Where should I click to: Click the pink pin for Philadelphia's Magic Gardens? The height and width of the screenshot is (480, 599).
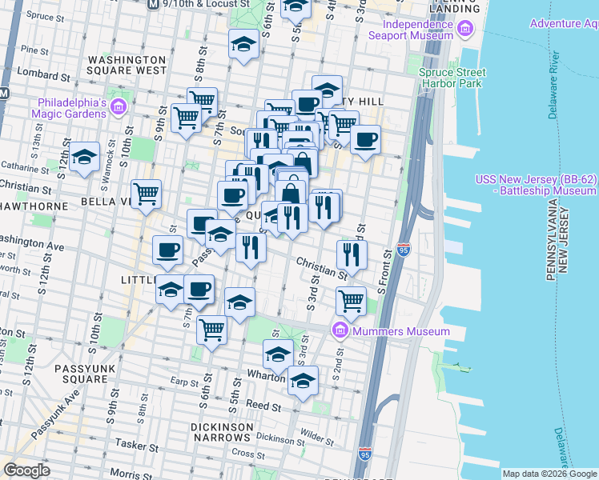pyautogui.click(x=119, y=106)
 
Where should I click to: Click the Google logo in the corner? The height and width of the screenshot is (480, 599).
pyautogui.click(x=26, y=470)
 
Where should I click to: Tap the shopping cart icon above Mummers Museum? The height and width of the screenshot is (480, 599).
pyautogui.click(x=351, y=301)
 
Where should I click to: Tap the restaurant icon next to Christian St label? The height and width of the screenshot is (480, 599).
pyautogui.click(x=352, y=254)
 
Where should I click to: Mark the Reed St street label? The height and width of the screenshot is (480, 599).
pyautogui.click(x=261, y=406)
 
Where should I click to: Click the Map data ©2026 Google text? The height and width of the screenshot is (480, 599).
pyautogui.click(x=549, y=474)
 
